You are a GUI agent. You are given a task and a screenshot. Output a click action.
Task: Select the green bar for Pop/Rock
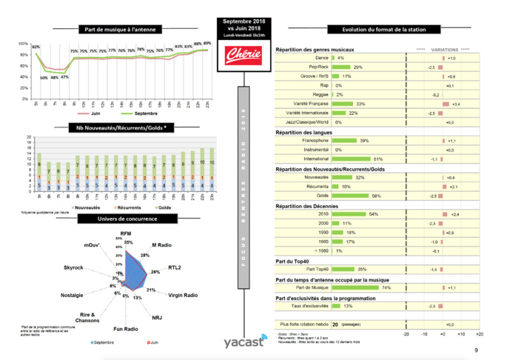tap(343, 67)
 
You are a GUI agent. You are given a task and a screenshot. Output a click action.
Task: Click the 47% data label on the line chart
tap(64, 76)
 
